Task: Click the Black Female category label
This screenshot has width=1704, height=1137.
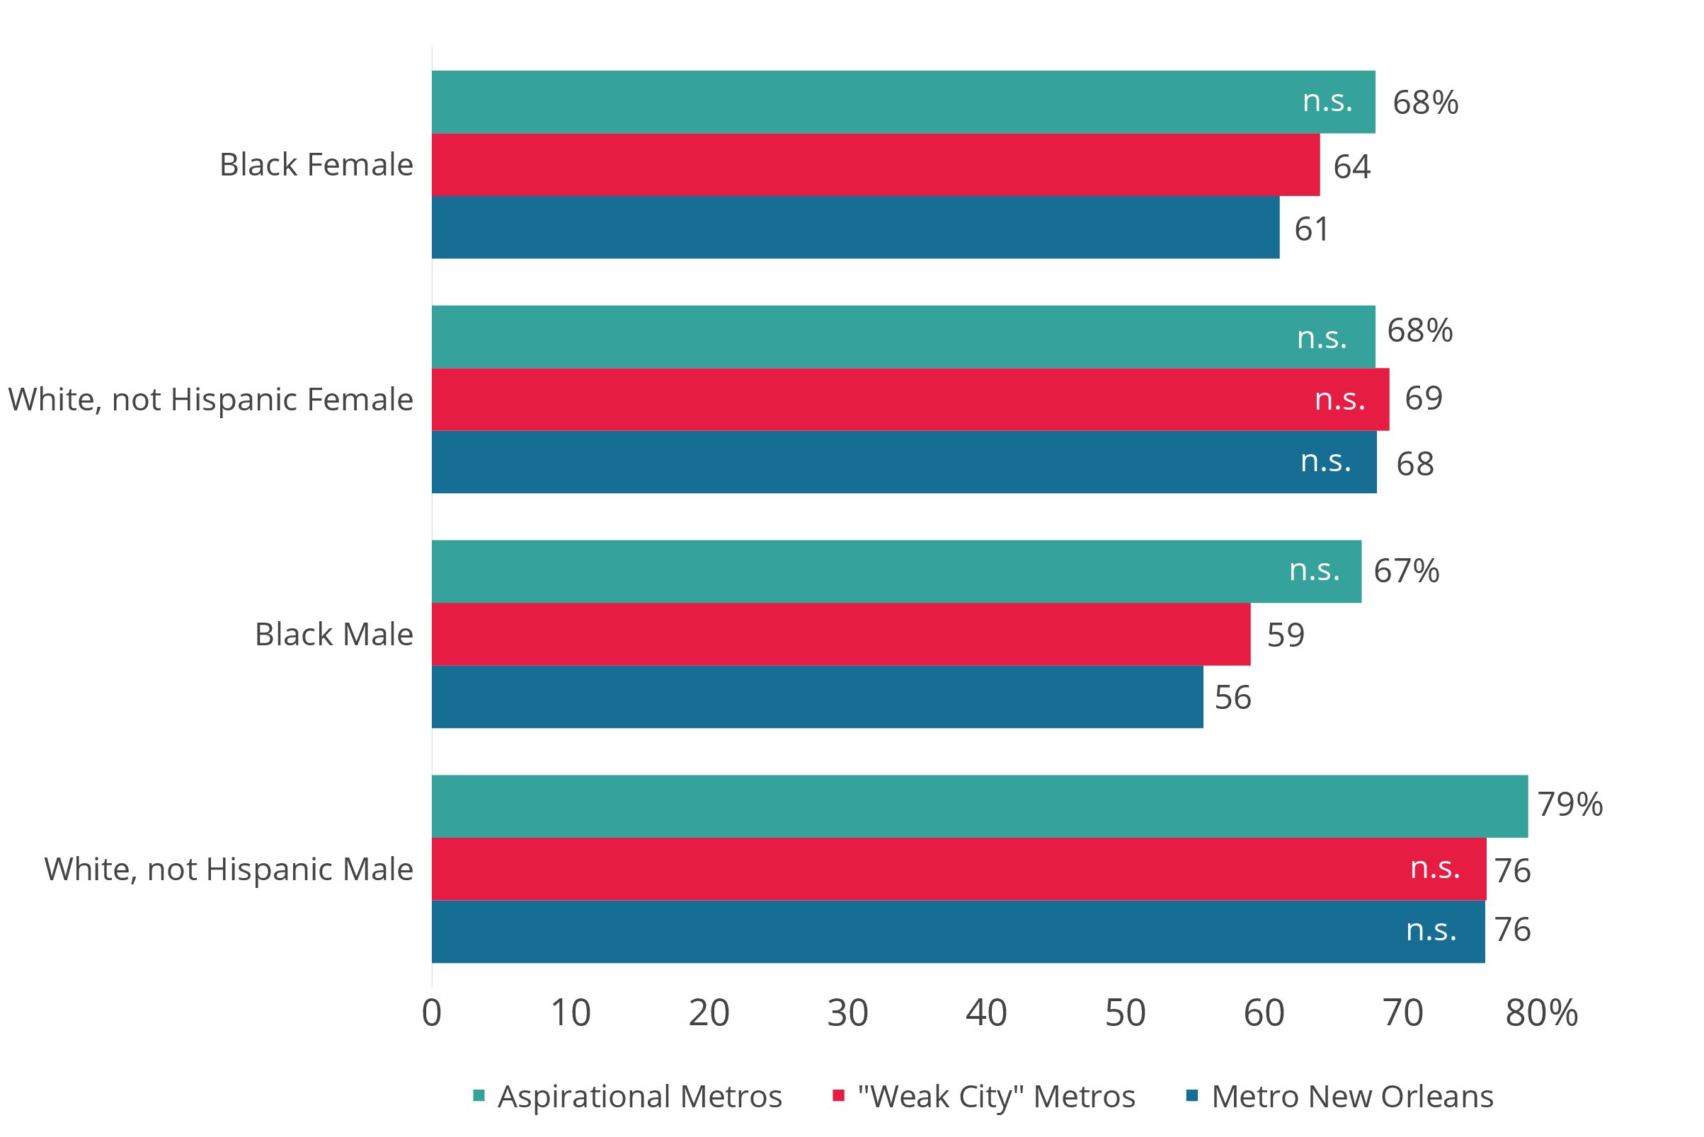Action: pos(316,165)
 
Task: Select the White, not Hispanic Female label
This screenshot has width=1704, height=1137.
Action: pos(210,400)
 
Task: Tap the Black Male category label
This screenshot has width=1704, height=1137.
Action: pos(333,635)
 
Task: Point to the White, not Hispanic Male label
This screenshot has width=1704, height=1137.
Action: pos(229,869)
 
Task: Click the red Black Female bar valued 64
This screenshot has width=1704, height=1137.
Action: pos(875,165)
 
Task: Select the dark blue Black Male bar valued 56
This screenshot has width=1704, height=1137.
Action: pos(817,697)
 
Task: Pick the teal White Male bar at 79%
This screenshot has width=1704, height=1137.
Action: pos(979,807)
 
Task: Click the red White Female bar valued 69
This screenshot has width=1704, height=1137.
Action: pos(910,400)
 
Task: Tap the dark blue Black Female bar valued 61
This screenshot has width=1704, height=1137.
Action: pos(855,227)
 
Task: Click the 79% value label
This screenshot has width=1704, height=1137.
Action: pos(1569,804)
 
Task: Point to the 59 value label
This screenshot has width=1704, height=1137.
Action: pos(1286,635)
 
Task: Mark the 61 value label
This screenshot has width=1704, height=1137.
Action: pos(1312,229)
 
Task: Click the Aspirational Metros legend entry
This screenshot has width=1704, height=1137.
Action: pos(628,1097)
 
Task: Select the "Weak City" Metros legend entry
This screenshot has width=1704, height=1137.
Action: pos(985,1097)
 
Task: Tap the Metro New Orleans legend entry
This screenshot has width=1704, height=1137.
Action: pos(1340,1097)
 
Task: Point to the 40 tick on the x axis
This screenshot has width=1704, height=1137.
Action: pos(986,1013)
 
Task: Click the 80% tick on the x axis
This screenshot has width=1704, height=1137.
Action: pos(1540,1013)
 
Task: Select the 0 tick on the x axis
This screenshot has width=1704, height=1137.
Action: pos(432,1013)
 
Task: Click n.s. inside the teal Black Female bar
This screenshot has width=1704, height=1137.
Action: pos(1327,100)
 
